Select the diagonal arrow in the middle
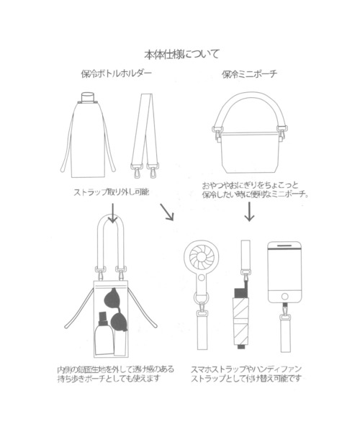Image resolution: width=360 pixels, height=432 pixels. [x=167, y=212]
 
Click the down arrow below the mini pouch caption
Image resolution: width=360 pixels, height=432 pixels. [x=249, y=212]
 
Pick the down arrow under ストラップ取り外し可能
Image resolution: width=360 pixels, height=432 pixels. [x=113, y=213]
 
